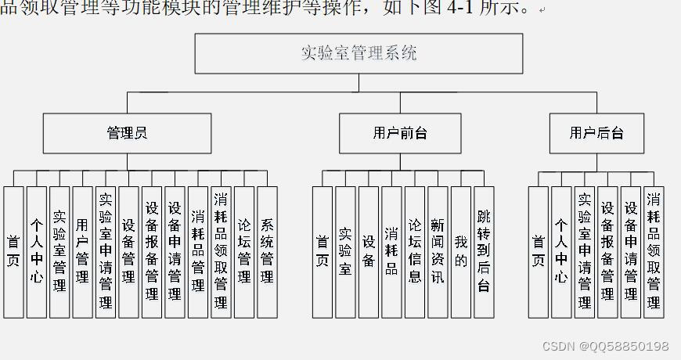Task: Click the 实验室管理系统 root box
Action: coord(359,53)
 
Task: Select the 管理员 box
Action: coord(127,133)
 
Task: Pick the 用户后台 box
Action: coord(596,133)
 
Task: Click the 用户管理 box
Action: coord(82,252)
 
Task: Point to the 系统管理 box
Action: coord(267,252)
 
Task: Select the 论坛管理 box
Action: coord(244,252)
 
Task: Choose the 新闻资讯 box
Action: coord(438,252)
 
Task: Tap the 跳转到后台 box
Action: coord(484,252)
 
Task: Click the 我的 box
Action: coord(461,252)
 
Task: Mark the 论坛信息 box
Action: coord(415,252)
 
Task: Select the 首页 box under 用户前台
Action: coord(322,252)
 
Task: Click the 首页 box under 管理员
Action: coord(13,252)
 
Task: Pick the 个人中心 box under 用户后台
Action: coord(561,252)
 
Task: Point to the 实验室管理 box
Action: coord(59,252)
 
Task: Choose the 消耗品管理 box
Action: coord(198,252)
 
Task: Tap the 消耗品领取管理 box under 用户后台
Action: coord(654,252)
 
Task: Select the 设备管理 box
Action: coord(128,252)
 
